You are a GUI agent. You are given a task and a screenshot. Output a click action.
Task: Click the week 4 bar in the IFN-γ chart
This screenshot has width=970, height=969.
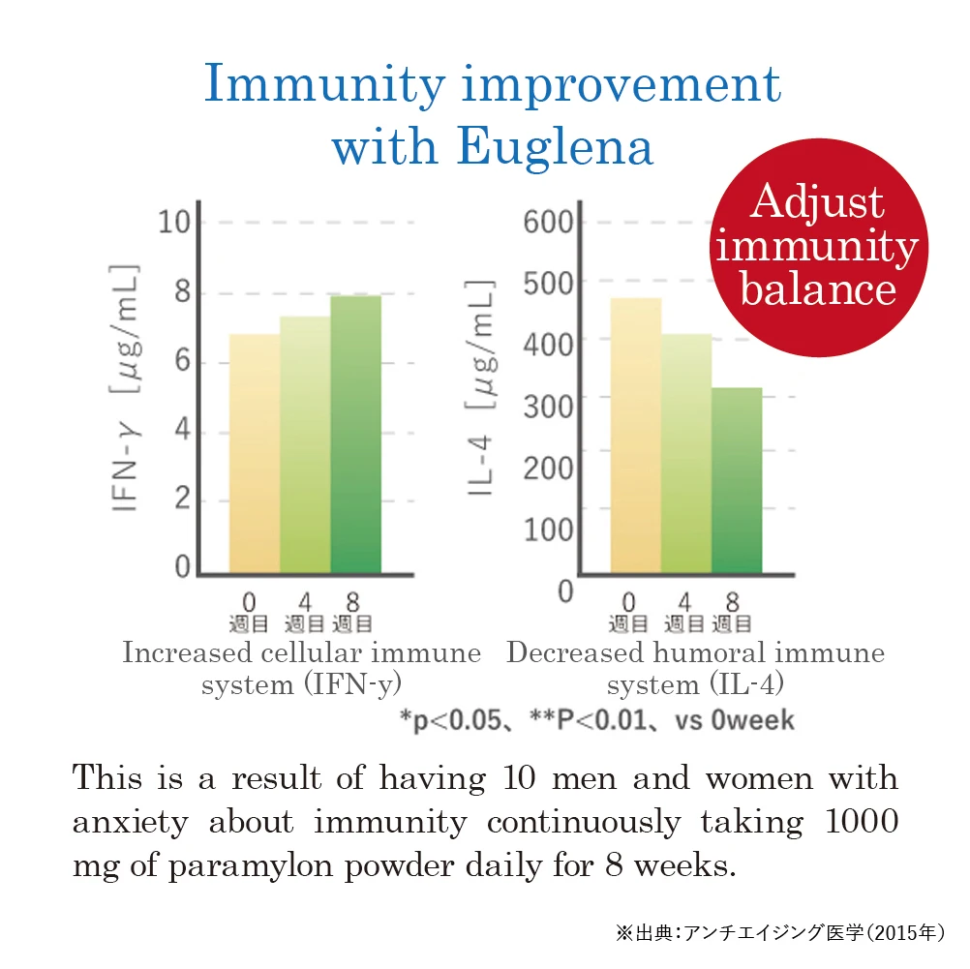click(305, 445)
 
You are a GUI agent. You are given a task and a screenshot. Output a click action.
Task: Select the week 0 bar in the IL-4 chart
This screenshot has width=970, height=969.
click(636, 436)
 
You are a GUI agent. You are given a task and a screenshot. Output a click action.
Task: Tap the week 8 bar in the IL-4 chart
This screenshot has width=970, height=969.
click(737, 480)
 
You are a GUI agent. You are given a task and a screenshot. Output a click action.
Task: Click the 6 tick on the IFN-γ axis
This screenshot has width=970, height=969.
click(181, 363)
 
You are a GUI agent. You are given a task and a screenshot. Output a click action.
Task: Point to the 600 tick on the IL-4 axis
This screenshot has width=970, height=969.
click(548, 222)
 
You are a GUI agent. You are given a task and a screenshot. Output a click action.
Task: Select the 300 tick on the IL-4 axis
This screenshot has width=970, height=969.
click(548, 405)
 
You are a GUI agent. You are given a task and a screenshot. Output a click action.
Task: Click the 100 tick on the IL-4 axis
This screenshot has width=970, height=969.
click(548, 530)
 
